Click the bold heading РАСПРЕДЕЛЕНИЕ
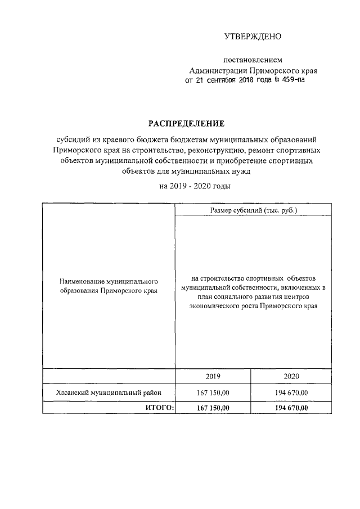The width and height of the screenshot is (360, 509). coord(186,123)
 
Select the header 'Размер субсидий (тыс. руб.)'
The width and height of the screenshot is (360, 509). coord(253,210)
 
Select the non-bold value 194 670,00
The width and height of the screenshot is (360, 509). coord(291,392)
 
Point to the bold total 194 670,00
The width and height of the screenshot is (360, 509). coord(291,407)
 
